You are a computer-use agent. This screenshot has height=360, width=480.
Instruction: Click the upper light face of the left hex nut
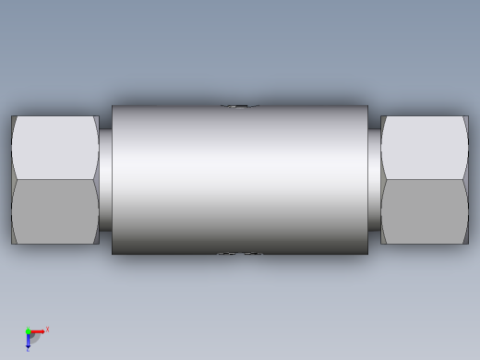point(55,148)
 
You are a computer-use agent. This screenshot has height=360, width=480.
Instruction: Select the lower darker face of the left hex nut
point(55,211)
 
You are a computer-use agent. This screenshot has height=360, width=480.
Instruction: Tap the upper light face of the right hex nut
point(425,148)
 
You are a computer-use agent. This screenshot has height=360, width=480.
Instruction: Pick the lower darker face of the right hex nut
point(425,211)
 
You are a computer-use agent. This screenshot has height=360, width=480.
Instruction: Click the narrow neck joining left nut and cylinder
point(105,180)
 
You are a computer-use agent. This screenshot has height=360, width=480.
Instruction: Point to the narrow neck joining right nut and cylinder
point(374,180)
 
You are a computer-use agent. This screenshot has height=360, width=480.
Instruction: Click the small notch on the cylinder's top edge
point(239,106)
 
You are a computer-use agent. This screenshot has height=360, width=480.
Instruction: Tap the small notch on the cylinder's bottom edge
point(239,253)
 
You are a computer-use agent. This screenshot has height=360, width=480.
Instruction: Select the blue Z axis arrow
point(28,341)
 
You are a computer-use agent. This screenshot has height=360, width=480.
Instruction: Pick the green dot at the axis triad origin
point(28,331)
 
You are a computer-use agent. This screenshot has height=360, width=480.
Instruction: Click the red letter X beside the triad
point(47,329)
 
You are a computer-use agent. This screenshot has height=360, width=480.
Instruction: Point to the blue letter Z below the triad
point(28,350)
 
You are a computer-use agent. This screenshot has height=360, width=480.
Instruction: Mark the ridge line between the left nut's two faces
point(55,179)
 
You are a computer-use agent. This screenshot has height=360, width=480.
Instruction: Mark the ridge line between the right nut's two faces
point(425,179)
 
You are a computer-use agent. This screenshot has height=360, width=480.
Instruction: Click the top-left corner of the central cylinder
point(113,107)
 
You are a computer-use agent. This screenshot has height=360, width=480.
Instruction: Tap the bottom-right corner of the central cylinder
point(367,253)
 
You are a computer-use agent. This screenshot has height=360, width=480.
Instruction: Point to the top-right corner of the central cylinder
point(367,107)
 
